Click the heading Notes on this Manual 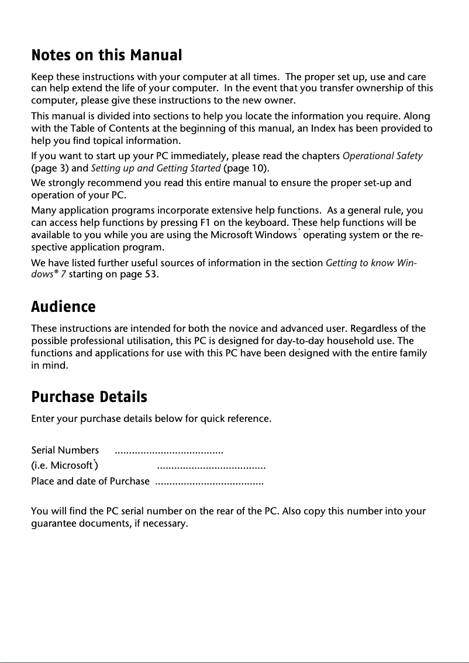click(x=106, y=56)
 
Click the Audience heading click(x=63, y=307)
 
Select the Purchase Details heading click(x=89, y=397)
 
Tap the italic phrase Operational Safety click(x=382, y=156)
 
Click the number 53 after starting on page click(x=150, y=274)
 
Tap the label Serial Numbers click(x=65, y=451)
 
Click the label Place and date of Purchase click(x=90, y=482)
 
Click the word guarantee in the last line click(x=53, y=524)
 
